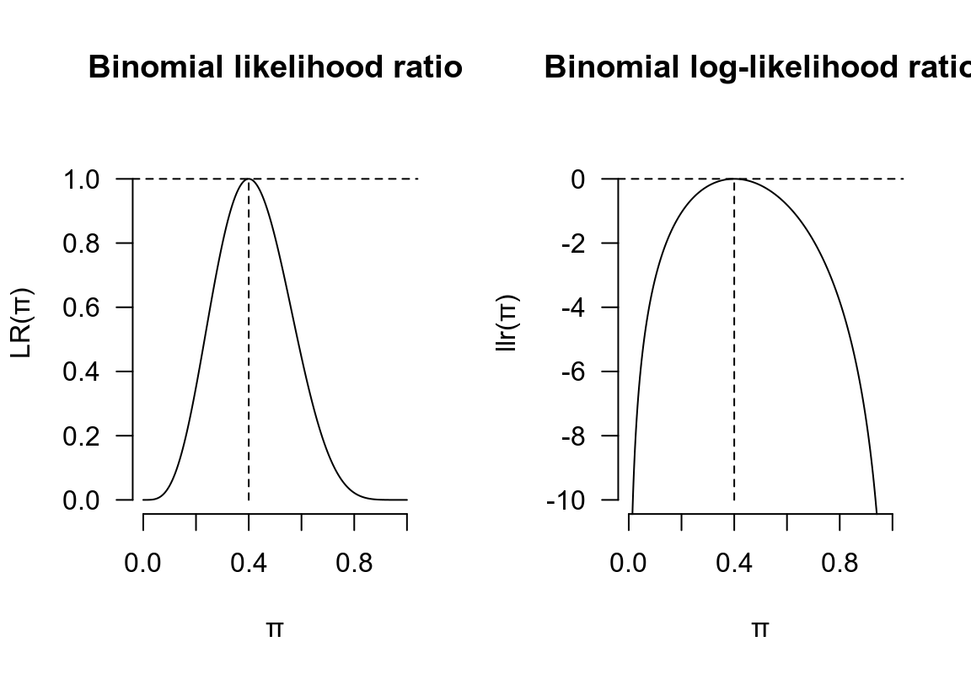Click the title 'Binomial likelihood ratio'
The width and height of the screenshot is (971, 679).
click(275, 67)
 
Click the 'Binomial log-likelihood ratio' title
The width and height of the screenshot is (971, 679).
click(757, 67)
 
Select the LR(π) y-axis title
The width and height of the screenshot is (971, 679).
click(23, 323)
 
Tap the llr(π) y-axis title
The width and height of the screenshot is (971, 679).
click(508, 323)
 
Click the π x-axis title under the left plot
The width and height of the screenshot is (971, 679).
click(275, 628)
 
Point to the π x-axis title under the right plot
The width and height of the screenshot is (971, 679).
click(760, 628)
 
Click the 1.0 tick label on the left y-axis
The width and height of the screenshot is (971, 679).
click(83, 179)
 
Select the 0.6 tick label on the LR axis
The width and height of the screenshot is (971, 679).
click(83, 307)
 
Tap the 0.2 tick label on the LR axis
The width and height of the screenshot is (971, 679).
click(83, 436)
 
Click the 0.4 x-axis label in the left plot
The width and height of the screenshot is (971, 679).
click(249, 564)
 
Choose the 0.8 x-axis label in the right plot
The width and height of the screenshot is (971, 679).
click(840, 564)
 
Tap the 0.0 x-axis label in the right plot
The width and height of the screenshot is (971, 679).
click(629, 564)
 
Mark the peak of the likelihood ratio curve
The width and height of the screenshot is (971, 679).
click(249, 179)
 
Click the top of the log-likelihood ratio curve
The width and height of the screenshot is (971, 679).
click(734, 179)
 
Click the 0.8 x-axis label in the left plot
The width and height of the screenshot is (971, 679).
click(354, 564)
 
